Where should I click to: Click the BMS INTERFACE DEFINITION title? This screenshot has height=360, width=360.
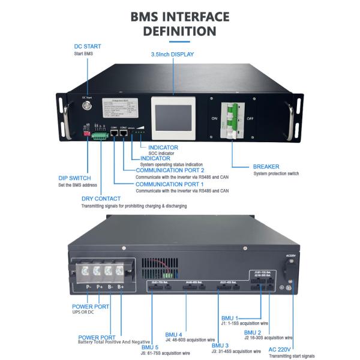pyautogui.click(x=179, y=22)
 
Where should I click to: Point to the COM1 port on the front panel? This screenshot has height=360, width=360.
pyautogui.click(x=114, y=133)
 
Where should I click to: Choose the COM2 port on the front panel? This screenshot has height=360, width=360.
pyautogui.click(x=124, y=133)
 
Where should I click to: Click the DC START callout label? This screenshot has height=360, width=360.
pyautogui.click(x=87, y=46)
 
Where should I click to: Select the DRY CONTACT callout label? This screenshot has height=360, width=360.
pyautogui.click(x=101, y=199)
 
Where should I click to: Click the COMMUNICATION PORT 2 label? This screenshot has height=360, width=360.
pyautogui.click(x=168, y=170)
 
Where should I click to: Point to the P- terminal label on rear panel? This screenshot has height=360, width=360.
pyautogui.click(x=88, y=287)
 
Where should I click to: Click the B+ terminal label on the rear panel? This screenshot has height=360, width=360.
pyautogui.click(x=121, y=287)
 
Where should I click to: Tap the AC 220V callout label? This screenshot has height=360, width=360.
pyautogui.click(x=281, y=349)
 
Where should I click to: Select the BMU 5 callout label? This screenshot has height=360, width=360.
pyautogui.click(x=151, y=347)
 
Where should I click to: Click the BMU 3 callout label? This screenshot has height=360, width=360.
pyautogui.click(x=220, y=346)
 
